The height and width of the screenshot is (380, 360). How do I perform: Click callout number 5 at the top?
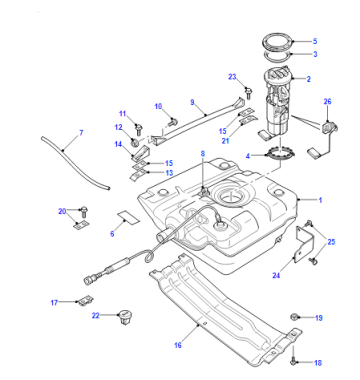tap(315, 41)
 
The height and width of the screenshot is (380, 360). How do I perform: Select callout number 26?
tap(328, 101)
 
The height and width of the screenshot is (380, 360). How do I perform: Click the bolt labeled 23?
tap(248, 92)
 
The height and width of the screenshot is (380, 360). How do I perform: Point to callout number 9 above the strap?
tap(192, 102)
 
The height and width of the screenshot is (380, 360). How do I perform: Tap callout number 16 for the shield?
tap(178, 345)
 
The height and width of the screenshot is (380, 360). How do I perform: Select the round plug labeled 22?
tap(124, 317)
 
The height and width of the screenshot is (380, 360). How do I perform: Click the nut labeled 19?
tap(294, 317)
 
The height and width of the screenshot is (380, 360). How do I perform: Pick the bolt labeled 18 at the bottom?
tap(293, 360)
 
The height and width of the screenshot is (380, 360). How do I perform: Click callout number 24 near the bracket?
tap(276, 275)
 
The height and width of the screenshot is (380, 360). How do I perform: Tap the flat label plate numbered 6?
tap(128, 217)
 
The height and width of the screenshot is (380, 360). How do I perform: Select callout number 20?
tap(62, 211)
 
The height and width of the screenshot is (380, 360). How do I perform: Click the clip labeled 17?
tap(85, 301)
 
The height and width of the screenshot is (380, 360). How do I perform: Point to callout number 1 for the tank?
tap(320, 200)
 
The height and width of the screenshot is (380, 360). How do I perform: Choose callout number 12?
tap(119, 127)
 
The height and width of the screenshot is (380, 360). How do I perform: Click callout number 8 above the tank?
tap(203, 154)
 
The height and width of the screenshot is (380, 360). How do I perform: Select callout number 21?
tap(225, 141)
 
